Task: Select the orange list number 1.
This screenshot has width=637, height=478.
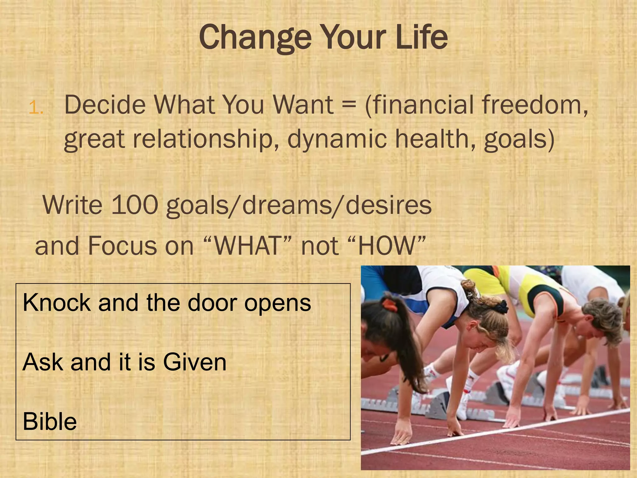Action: pyautogui.click(x=35, y=108)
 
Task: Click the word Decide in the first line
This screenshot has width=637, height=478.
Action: pyautogui.click(x=105, y=105)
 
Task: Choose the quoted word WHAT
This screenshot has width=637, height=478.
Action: pyautogui.click(x=248, y=246)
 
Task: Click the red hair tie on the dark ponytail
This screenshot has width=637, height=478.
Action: pyautogui.click(x=390, y=305)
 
